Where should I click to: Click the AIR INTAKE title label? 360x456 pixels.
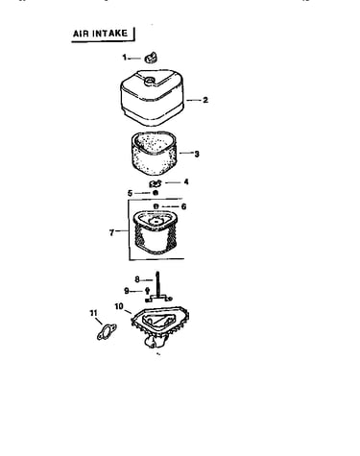pos(100,34)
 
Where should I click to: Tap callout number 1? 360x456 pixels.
pos(125,58)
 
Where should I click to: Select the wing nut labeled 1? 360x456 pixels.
pos(151,58)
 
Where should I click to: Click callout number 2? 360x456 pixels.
pos(205,100)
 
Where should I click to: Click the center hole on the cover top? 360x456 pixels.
pos(149,80)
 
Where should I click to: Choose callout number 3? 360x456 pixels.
pos(197,154)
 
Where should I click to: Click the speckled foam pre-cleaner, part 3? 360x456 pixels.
pos(154,153)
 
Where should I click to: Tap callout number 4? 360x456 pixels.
pos(186,181)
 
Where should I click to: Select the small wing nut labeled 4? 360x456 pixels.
pos(156,183)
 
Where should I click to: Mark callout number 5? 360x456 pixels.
pos(130,193)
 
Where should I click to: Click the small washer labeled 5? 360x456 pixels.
pos(156,193)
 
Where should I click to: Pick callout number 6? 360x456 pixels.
pos(183,206)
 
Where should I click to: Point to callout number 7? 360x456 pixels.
pos(111,232)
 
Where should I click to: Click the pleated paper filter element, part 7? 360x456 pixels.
pos(156,232)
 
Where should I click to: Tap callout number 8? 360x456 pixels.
pos(137,279)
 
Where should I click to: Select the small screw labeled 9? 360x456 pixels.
pos(147,291)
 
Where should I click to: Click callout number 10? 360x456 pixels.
pos(119,306)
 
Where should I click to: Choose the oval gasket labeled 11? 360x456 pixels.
pos(107,332)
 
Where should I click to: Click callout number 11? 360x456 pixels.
pos(93,313)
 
